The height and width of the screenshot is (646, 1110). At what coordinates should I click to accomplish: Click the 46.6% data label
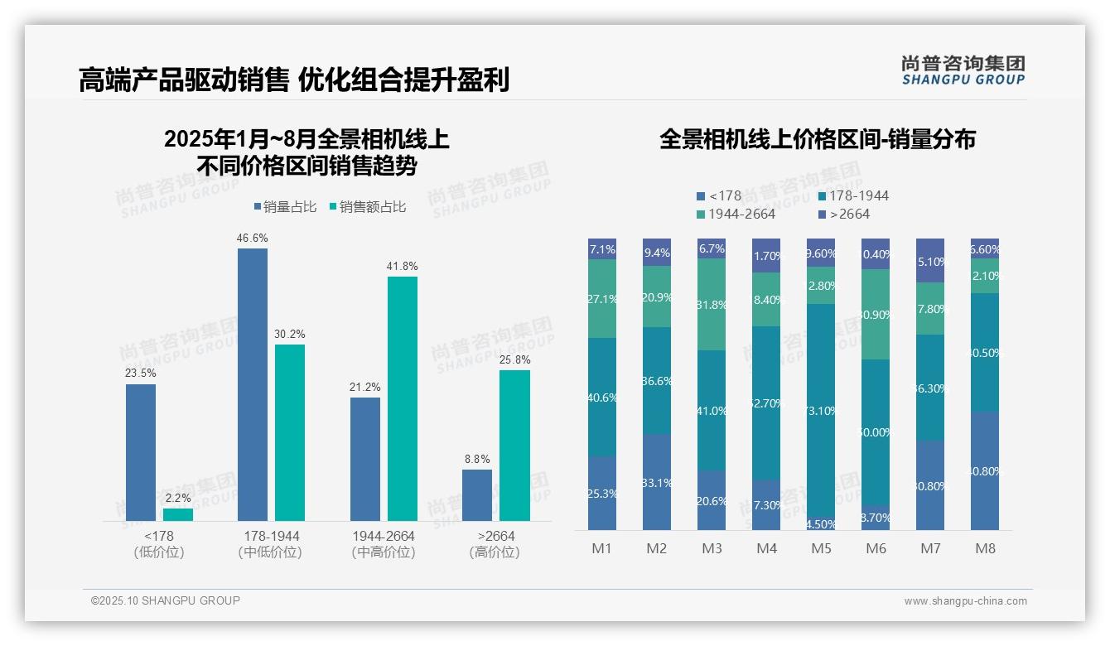pos(253,238)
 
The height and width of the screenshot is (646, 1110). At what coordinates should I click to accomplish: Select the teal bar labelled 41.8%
pos(403,398)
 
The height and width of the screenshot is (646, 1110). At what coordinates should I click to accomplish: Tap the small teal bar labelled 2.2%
pos(177,514)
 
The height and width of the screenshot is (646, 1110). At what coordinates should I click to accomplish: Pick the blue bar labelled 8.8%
pos(477,495)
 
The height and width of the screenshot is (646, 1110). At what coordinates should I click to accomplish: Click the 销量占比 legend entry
pos(284,207)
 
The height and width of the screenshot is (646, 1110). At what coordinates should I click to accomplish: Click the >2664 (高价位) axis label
pos(495,544)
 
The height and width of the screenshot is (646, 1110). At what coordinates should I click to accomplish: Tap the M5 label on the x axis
pos(821,548)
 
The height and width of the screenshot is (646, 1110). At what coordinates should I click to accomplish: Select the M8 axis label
pos(985,548)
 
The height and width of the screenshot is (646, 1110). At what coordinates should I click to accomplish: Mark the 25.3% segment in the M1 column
pos(602,494)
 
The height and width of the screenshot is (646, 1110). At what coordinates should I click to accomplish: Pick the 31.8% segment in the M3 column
pos(712,305)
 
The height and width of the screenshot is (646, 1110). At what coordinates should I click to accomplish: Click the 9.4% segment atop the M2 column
pos(657,253)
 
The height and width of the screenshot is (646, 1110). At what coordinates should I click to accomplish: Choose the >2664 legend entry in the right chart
pos(843,215)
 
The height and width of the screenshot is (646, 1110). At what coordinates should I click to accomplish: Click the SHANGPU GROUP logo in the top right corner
pos(963,70)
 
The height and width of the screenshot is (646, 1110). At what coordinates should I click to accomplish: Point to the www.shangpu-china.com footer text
pos(965,601)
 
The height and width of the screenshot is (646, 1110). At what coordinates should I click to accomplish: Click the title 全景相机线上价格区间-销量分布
pos(817,139)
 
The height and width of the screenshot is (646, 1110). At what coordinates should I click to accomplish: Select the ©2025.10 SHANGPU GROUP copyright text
pos(166,600)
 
